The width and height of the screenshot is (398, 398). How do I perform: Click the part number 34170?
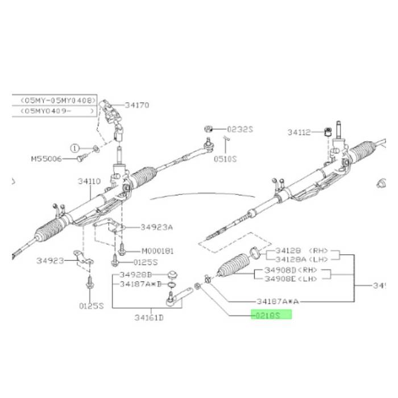coord(137,105)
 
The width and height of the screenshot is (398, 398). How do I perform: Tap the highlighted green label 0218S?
coord(271,314)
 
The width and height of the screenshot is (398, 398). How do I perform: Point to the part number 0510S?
coord(225,159)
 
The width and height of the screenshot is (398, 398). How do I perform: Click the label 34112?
coord(299,132)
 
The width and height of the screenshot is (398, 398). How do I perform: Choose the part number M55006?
coord(45,159)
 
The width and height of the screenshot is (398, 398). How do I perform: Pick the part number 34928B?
coord(138,275)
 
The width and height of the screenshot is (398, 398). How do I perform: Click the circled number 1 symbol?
coord(74,147)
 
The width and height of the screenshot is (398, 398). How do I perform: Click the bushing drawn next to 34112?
coord(327,132)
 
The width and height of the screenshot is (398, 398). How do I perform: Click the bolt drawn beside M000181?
coord(122,249)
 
